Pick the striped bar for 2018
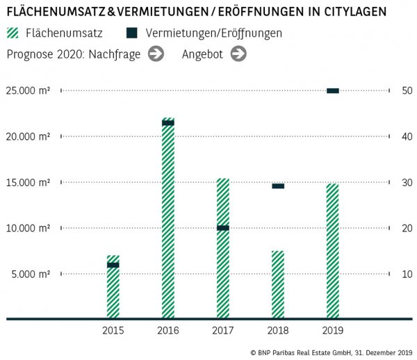click(277, 284)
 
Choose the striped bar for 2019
click(332, 251)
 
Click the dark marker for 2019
click(332, 90)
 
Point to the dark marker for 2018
click(277, 186)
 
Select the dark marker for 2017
click(222, 228)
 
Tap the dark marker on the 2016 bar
click(167, 123)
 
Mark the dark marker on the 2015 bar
click(113, 265)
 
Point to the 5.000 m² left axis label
click(30, 274)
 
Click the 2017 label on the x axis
click(222, 331)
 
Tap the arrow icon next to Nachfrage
click(156, 54)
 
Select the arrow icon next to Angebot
click(238, 54)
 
